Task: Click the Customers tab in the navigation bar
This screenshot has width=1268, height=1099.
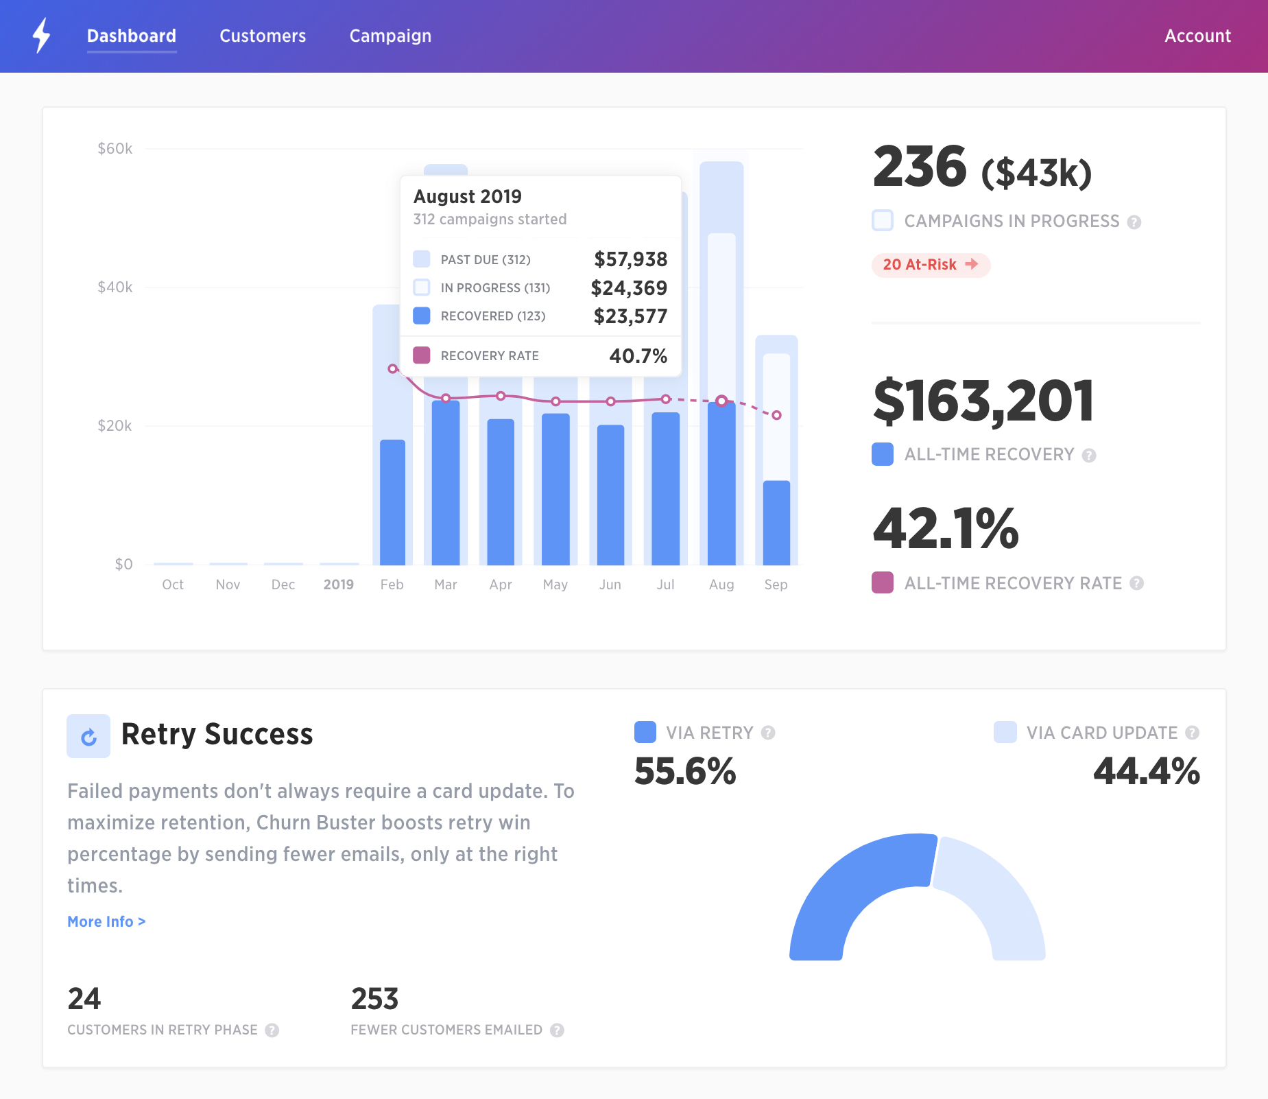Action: (263, 36)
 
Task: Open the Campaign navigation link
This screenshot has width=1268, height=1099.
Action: (390, 36)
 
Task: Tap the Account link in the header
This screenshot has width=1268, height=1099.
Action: (1197, 36)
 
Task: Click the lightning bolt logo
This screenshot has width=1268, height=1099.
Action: (42, 35)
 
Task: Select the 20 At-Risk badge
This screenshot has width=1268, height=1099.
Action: (930, 265)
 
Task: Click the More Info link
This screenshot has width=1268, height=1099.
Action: (106, 921)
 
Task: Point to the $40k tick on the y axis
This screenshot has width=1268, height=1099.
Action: (115, 287)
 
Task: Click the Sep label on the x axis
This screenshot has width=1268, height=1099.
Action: (776, 584)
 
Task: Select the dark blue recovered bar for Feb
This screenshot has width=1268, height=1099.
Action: (392, 502)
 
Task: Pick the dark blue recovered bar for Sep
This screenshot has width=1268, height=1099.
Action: (776, 523)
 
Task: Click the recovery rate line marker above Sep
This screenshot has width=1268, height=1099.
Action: (776, 415)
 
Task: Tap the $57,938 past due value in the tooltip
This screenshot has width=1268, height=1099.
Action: (630, 259)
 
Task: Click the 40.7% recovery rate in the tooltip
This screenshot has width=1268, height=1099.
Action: (638, 355)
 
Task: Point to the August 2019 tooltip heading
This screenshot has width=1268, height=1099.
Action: (468, 197)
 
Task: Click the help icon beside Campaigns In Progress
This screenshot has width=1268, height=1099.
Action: (1134, 222)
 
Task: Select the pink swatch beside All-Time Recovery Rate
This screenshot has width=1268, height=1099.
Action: (883, 582)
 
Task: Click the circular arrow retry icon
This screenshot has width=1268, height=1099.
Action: (88, 736)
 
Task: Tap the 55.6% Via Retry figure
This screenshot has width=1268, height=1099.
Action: (685, 771)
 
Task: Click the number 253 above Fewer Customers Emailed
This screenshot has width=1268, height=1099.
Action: (374, 999)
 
